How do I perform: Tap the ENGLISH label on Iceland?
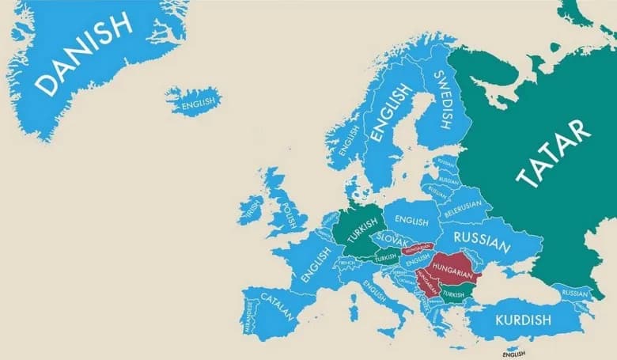[196, 103]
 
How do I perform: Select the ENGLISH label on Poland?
[411, 222]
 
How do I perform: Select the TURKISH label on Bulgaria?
[454, 295]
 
